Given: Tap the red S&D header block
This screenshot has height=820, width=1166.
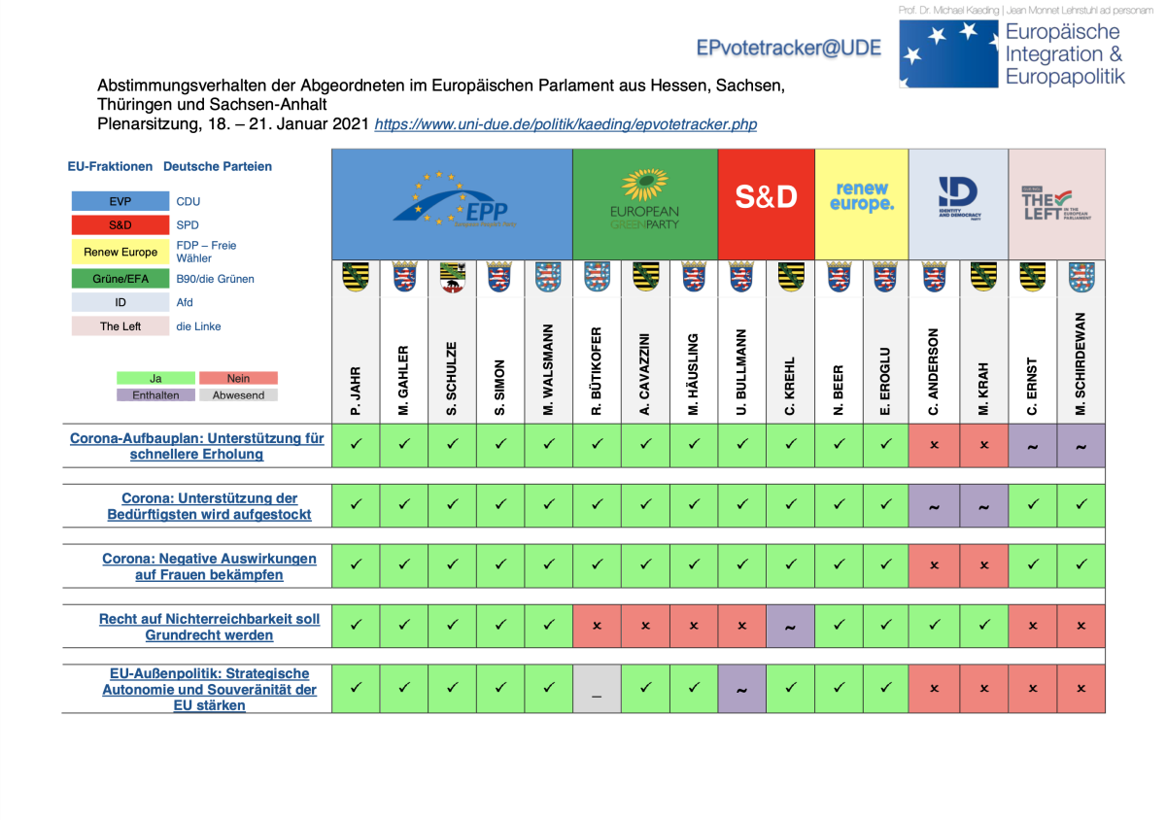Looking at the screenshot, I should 766,197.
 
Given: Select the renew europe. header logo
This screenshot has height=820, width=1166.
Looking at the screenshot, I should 862,197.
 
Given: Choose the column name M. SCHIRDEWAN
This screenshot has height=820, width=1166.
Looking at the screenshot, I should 1080,364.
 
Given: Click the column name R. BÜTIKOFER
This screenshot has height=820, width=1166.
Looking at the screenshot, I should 597,372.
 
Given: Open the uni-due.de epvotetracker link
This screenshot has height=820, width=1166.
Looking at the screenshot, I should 566,124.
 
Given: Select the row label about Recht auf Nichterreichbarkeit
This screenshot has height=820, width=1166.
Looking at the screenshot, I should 209,627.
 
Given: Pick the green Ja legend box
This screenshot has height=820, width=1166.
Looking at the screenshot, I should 155,378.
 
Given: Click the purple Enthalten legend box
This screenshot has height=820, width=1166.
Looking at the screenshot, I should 155,395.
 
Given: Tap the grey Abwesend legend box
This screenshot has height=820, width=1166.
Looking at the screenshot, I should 238,395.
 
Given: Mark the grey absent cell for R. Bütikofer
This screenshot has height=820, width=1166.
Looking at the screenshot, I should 597,689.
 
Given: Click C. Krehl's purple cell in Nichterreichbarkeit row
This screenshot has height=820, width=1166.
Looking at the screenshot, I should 790,627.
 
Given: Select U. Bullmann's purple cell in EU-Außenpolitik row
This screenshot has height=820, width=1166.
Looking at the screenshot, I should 741,689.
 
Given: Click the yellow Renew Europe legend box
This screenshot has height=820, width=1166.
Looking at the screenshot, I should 120,252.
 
